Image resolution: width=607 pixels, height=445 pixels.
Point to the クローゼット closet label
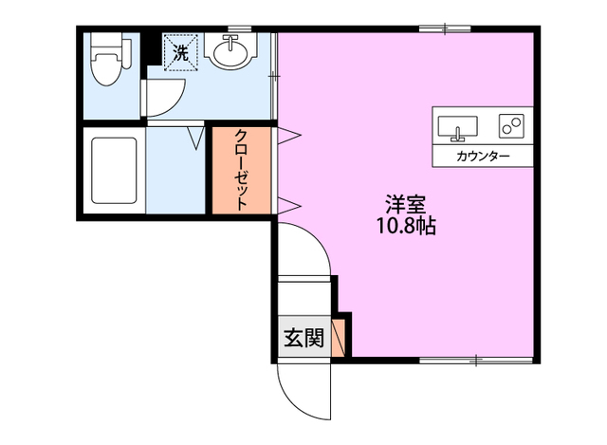(241, 172)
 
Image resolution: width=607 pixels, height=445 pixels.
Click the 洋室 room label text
(405, 203)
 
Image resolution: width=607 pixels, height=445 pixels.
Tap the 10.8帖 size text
(405, 227)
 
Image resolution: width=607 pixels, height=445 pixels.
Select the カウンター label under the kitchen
(483, 156)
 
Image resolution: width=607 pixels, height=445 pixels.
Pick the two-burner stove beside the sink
(512, 124)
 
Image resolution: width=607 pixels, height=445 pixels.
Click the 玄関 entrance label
(304, 338)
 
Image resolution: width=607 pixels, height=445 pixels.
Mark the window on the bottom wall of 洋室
(474, 360)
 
